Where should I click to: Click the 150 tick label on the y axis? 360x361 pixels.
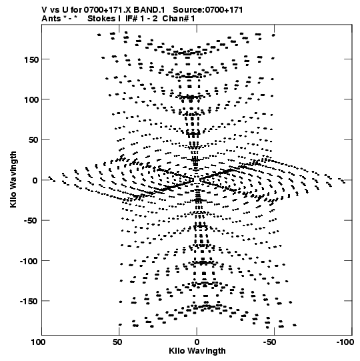pyautogui.click(x=31, y=59)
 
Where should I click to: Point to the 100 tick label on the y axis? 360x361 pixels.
pyautogui.click(x=31, y=100)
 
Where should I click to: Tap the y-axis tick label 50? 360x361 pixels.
pyautogui.click(x=33, y=140)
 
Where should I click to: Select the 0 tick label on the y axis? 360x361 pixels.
pyautogui.click(x=35, y=180)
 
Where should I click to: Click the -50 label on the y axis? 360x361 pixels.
pyautogui.click(x=31, y=221)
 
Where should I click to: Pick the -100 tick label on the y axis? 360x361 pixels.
pyautogui.click(x=29, y=261)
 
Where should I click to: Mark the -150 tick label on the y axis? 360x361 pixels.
pyautogui.click(x=29, y=302)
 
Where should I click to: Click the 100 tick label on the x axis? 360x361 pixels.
pyautogui.click(x=38, y=342)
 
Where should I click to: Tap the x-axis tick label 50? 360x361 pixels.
pyautogui.click(x=117, y=342)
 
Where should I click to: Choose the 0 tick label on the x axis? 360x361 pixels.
pyautogui.click(x=197, y=342)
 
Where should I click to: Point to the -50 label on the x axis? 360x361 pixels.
pyautogui.click(x=269, y=342)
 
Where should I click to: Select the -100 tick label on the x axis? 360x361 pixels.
pyautogui.click(x=345, y=342)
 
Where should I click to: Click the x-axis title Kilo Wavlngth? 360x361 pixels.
pyautogui.click(x=197, y=351)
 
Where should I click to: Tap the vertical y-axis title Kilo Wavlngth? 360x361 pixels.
pyautogui.click(x=13, y=179)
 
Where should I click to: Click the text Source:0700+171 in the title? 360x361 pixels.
pyautogui.click(x=208, y=10)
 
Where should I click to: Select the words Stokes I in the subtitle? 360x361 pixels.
pyautogui.click(x=104, y=19)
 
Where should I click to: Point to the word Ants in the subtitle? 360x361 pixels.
pyautogui.click(x=51, y=19)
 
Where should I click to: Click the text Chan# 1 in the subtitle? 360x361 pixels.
pyautogui.click(x=179, y=19)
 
